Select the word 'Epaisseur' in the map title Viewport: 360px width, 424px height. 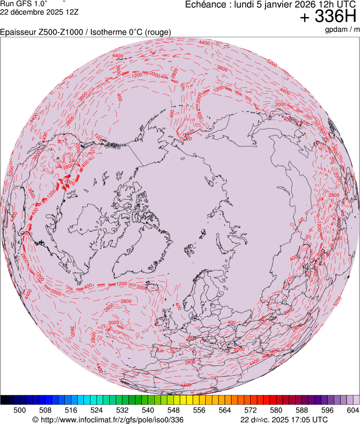[x=18, y=32]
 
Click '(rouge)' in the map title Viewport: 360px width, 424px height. [x=157, y=32]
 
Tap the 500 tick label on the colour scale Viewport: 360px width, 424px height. [x=20, y=410]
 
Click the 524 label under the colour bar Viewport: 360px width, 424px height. [x=97, y=410]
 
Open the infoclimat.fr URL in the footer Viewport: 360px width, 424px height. [x=108, y=420]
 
